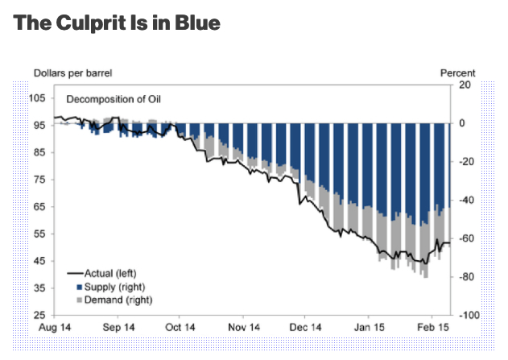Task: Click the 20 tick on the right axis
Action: (x=464, y=85)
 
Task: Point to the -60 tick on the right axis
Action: (x=465, y=238)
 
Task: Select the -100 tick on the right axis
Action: (x=467, y=315)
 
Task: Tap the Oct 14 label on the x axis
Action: (x=180, y=328)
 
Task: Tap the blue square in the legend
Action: (x=79, y=286)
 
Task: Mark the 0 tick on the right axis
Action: (x=462, y=123)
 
